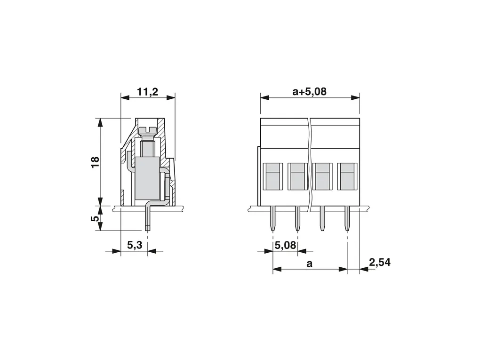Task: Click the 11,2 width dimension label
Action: [148, 92]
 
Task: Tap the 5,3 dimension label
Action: [135, 245]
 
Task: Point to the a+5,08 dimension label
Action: [310, 92]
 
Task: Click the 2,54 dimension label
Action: [380, 262]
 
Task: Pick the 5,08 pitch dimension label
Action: [286, 245]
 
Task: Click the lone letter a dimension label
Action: [310, 263]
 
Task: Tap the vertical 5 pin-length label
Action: [96, 218]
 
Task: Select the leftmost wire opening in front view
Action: [273, 176]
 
